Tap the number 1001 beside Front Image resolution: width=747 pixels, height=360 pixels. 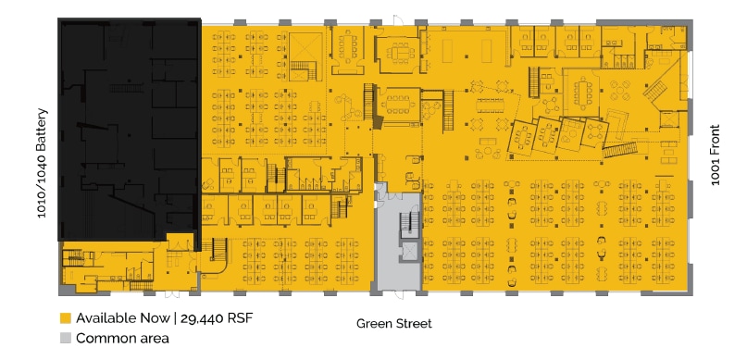click(x=715, y=172)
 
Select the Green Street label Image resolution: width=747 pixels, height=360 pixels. click(x=394, y=324)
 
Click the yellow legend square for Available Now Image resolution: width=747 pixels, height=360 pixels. click(x=65, y=317)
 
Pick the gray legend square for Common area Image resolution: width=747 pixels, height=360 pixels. click(x=65, y=338)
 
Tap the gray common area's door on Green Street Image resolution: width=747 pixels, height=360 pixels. click(x=398, y=292)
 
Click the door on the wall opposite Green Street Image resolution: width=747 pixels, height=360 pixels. click(x=395, y=19)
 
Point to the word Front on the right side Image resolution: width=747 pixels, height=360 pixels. click(x=715, y=139)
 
